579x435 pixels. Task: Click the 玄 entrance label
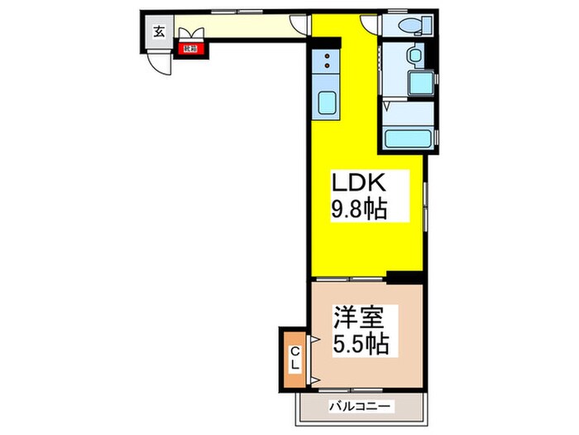point(157,33)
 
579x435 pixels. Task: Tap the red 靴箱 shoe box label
point(191,50)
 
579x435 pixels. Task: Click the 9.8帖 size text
point(361,208)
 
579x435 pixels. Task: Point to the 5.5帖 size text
point(361,342)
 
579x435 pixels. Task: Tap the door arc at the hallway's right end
point(300,25)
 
